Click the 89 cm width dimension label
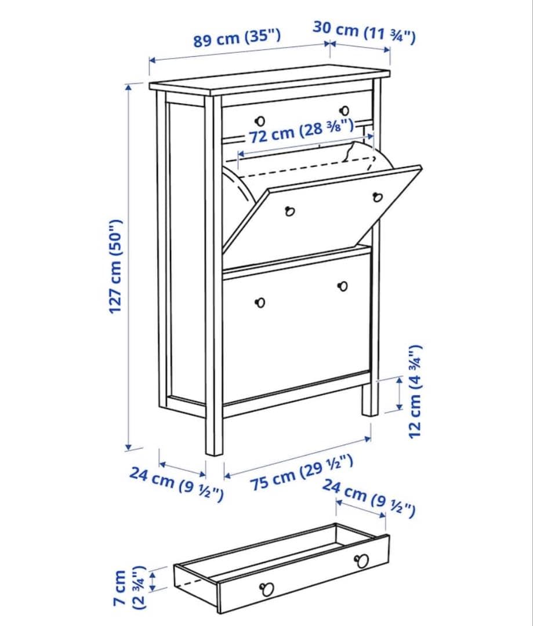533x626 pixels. (x=237, y=39)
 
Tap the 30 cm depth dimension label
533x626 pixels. (x=364, y=32)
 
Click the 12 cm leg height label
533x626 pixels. (x=418, y=392)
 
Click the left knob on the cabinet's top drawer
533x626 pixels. (x=260, y=121)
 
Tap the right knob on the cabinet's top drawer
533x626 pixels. (x=344, y=110)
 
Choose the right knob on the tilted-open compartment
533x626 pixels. (x=378, y=197)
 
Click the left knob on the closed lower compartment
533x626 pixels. (x=260, y=303)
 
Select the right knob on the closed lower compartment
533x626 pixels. (x=343, y=286)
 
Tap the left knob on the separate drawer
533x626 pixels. (x=267, y=589)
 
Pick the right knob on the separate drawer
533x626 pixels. (x=362, y=561)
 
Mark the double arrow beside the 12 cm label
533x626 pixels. (x=399, y=392)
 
